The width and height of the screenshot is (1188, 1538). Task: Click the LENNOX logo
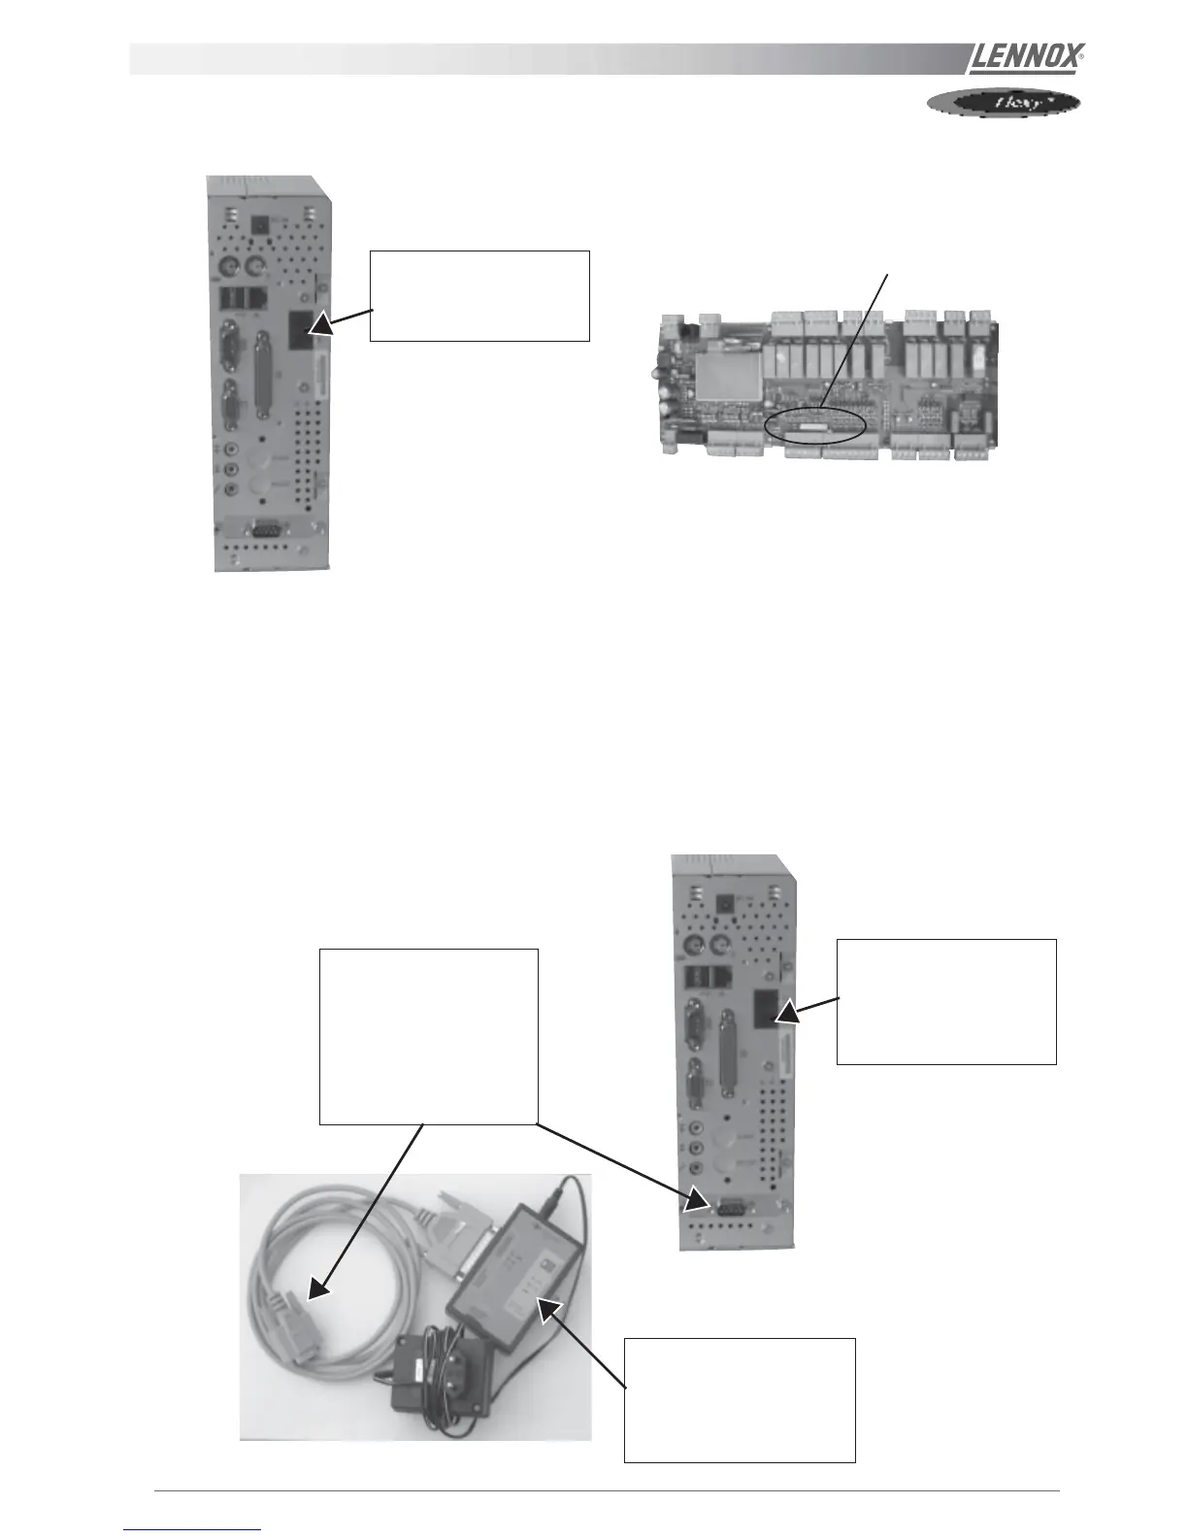tap(1025, 58)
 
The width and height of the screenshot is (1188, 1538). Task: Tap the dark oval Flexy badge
tap(1004, 102)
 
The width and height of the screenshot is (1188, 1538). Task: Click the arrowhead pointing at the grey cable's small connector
tap(316, 1288)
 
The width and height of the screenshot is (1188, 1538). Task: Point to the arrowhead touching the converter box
tap(550, 1312)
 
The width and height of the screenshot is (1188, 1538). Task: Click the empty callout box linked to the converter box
tap(739, 1398)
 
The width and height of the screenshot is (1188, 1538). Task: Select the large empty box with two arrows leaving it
tap(428, 1036)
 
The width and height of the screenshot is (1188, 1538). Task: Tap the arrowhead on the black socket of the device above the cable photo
tap(785, 1013)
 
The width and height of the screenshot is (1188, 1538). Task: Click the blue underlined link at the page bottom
tap(192, 1529)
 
